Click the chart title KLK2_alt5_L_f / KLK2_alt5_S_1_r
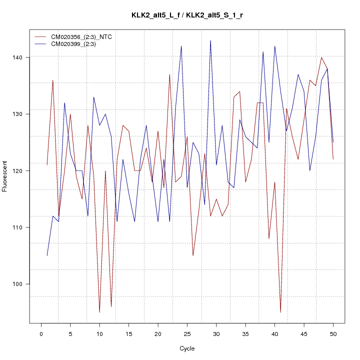click(187, 15)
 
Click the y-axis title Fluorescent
click(5, 176)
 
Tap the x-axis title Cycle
click(187, 348)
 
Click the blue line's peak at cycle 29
click(210, 40)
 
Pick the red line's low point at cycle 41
click(280, 312)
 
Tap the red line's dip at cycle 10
click(99, 312)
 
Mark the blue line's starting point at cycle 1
click(47, 255)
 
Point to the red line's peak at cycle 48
click(321, 57)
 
